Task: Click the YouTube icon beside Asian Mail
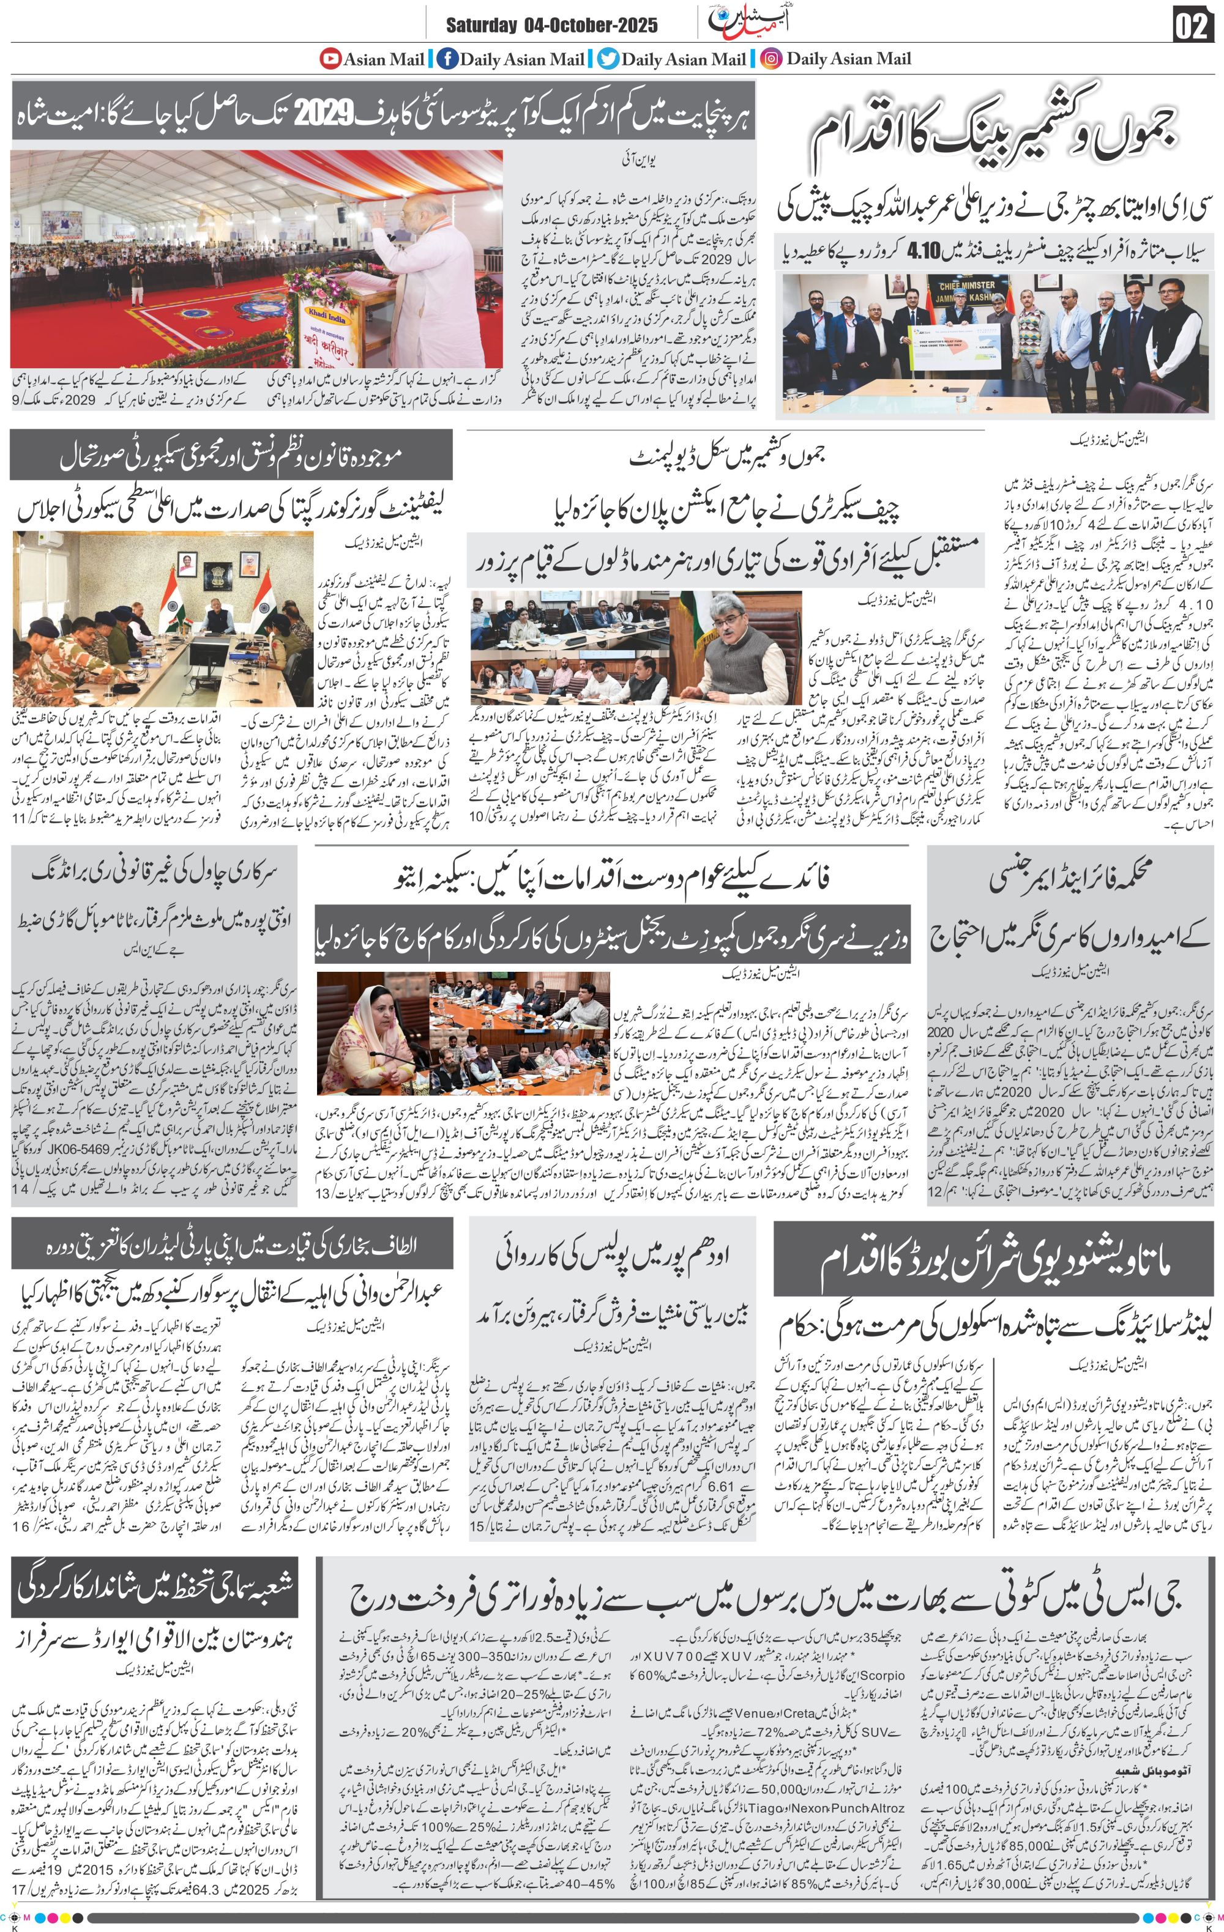pyautogui.click(x=330, y=59)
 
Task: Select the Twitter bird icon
pyautogui.click(x=608, y=59)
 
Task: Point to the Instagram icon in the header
pyautogui.click(x=771, y=59)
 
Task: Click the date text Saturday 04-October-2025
pyautogui.click(x=551, y=26)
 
